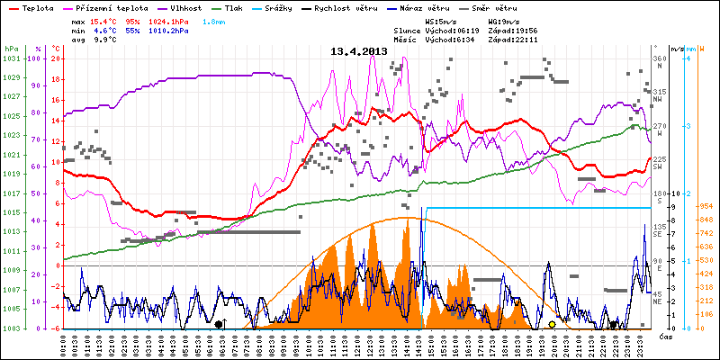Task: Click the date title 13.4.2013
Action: tap(358, 51)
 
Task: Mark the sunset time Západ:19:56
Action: tap(510, 30)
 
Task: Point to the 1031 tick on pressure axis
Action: tap(10, 58)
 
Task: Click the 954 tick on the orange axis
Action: tap(706, 206)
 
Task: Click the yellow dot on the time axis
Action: tap(552, 324)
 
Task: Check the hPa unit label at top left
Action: tap(11, 48)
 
